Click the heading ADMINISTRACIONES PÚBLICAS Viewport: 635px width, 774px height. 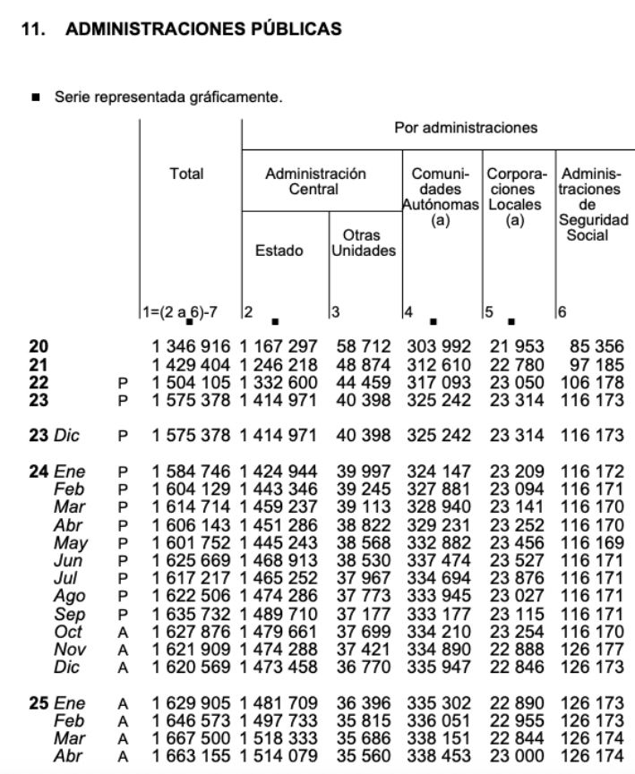pos(203,30)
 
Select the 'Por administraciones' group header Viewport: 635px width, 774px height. pos(466,127)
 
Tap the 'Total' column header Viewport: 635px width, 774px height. pos(186,174)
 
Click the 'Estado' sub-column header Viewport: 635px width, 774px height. pos(279,251)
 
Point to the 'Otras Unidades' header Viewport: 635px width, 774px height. pos(363,242)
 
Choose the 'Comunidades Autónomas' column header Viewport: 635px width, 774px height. pos(440,197)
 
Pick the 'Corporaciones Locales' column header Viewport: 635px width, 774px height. pos(514,197)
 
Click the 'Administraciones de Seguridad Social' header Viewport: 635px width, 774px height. pos(592,204)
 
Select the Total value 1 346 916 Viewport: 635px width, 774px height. pos(191,346)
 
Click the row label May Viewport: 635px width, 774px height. pos(71,542)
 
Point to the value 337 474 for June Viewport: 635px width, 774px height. pos(440,560)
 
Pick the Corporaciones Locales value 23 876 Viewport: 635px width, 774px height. pos(514,578)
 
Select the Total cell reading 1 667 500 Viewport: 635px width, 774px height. pos(191,738)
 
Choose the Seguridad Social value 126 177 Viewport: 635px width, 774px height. pos(592,650)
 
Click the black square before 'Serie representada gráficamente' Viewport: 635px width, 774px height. pos(37,97)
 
